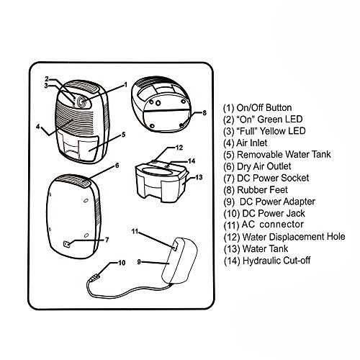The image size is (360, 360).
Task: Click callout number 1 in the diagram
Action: [125, 85]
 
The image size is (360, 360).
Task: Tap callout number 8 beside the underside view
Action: [204, 113]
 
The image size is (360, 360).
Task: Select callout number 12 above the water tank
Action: [179, 148]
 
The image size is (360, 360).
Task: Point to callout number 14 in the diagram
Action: [192, 161]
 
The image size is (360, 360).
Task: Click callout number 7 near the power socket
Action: [107, 240]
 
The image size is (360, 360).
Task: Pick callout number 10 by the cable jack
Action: [122, 263]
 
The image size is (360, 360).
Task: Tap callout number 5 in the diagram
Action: [123, 135]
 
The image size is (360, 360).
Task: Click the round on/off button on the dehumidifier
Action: [82, 103]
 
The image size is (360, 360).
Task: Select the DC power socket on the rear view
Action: [67, 244]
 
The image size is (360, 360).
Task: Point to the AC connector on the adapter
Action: [176, 246]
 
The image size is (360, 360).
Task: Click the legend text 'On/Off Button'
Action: [264, 108]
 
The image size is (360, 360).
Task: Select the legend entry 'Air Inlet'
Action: [252, 143]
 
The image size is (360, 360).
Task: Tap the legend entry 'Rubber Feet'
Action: [262, 190]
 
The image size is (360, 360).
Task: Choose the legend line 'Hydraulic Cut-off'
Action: [276, 261]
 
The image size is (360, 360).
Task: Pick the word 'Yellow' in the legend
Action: [274, 131]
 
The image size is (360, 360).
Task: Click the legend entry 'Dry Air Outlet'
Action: [264, 166]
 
